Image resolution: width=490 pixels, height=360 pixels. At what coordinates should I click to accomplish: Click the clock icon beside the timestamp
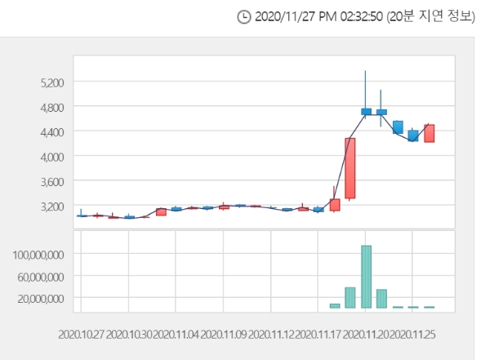tap(243, 17)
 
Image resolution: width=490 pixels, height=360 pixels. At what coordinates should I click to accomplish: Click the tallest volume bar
tap(366, 276)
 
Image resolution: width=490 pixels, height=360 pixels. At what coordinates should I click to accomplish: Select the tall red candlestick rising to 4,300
tap(350, 168)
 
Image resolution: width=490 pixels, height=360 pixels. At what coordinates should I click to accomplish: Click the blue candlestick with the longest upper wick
tap(366, 111)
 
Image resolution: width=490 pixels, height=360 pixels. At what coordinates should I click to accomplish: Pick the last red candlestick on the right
tap(429, 133)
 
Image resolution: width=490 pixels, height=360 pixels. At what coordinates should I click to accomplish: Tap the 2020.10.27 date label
tap(82, 334)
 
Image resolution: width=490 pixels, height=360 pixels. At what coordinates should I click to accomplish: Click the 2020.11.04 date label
tap(176, 334)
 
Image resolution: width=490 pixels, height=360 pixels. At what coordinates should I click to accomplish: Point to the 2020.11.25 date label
tap(412, 334)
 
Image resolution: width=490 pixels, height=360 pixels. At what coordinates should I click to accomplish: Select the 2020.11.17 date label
tap(318, 334)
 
